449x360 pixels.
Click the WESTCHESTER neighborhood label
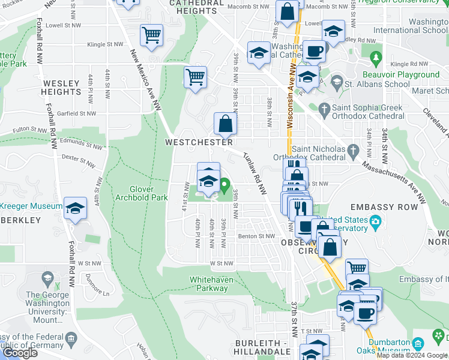pyautogui.click(x=199, y=143)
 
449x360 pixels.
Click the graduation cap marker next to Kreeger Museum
pyautogui.click(x=76, y=208)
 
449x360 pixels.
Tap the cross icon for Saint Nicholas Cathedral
pyautogui.click(x=355, y=149)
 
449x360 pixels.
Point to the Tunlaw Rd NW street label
pyautogui.click(x=255, y=173)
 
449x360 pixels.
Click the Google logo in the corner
pyautogui.click(x=19, y=353)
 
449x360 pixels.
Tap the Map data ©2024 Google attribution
pyautogui.click(x=412, y=355)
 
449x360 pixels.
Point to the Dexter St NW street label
pyautogui.click(x=78, y=160)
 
